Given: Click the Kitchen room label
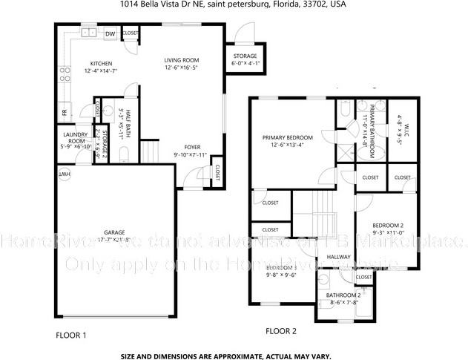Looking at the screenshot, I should (101, 63).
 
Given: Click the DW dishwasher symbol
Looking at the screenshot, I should (110, 33).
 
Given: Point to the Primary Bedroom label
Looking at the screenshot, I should (288, 137).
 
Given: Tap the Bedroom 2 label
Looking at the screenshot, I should (388, 225).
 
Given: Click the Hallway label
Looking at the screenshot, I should (339, 257).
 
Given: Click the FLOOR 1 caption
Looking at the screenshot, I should (71, 336).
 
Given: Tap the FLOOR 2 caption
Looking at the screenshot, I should (281, 331).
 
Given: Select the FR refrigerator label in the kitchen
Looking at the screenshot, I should (64, 112).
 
